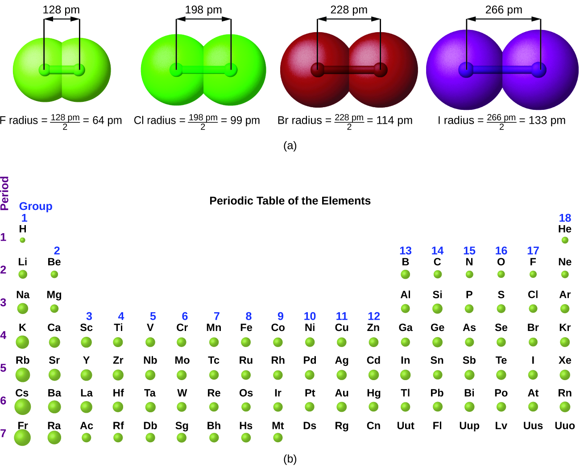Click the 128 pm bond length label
pyautogui.click(x=61, y=10)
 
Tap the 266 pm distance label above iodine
pyautogui.click(x=504, y=10)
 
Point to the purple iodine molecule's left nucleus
pyautogui.click(x=466, y=70)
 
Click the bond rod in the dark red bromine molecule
pyautogui.click(x=349, y=70)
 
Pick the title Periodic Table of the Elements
pyautogui.click(x=290, y=201)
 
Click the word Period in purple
pyautogui.click(x=5, y=193)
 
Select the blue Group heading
pyautogui.click(x=36, y=206)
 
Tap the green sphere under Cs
pyautogui.click(x=23, y=407)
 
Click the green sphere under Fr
pyautogui.click(x=22, y=438)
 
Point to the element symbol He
pyautogui.click(x=565, y=229)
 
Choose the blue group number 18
pyautogui.click(x=565, y=218)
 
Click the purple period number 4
pyautogui.click(x=4, y=335)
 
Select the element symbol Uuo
pyautogui.click(x=565, y=426)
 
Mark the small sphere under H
pyautogui.click(x=23, y=240)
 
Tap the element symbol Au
pyautogui.click(x=342, y=393)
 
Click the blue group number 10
pyautogui.click(x=310, y=316)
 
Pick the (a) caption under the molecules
pyautogui.click(x=290, y=146)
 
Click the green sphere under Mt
pyautogui.click(x=278, y=438)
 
